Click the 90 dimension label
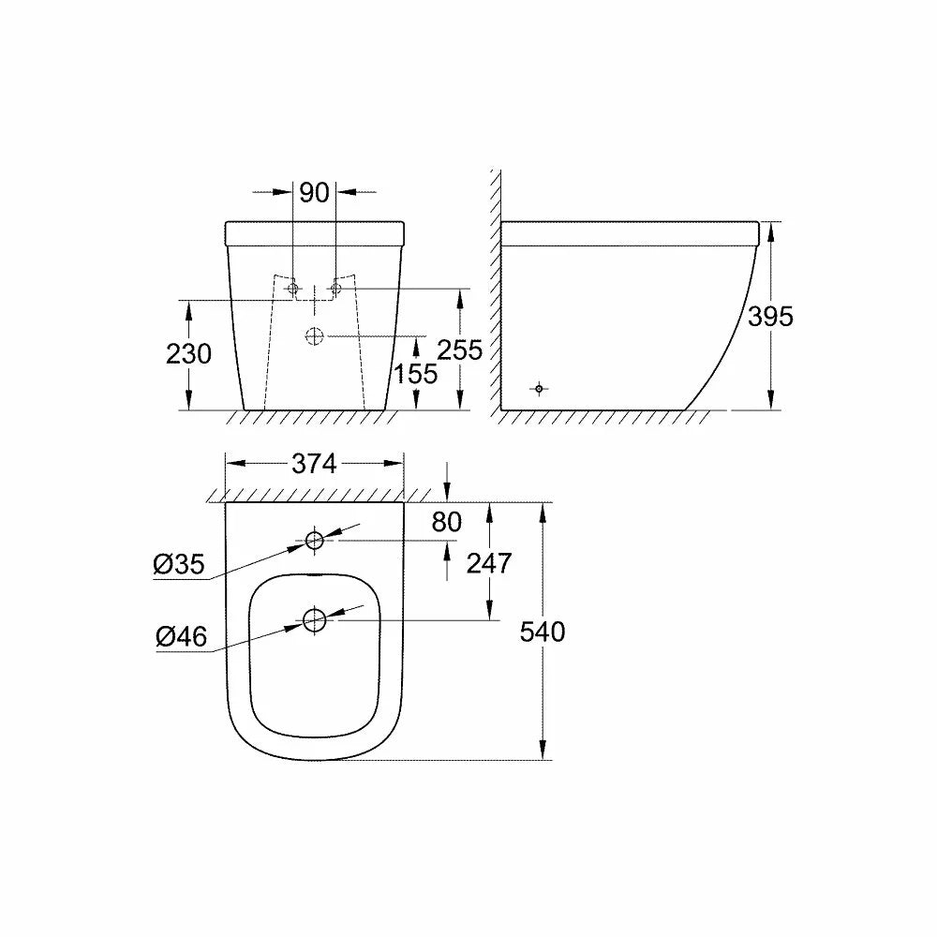click(x=314, y=192)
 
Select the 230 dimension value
click(x=189, y=354)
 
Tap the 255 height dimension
click(x=459, y=350)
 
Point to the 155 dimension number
click(x=416, y=374)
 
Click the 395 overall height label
click(x=771, y=317)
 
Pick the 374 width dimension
click(x=314, y=464)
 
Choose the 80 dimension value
click(x=447, y=522)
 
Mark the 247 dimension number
click(x=489, y=563)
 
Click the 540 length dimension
click(x=543, y=632)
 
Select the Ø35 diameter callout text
click(x=179, y=564)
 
